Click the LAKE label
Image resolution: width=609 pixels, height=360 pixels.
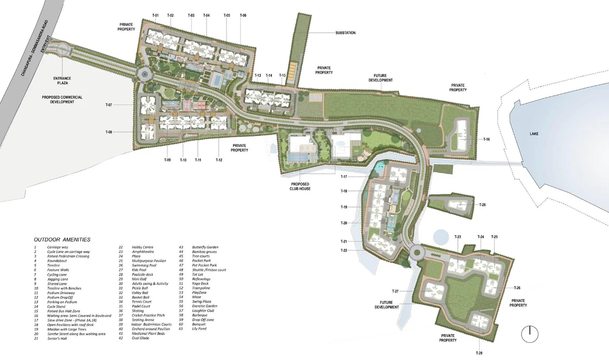(x=533, y=134)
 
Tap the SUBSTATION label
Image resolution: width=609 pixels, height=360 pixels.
(x=345, y=33)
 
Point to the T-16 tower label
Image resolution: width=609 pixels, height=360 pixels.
(x=486, y=139)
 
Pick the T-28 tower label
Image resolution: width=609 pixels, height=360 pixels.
(x=482, y=205)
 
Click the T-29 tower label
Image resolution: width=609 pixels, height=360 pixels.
(x=479, y=353)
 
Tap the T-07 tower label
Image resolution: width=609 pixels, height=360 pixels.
(x=109, y=105)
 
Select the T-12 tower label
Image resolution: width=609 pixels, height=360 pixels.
(x=219, y=160)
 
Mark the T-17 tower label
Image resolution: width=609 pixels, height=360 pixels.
(x=344, y=177)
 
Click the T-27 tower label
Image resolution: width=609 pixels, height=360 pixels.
(x=395, y=291)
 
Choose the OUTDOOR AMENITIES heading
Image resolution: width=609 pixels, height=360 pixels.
(x=62, y=239)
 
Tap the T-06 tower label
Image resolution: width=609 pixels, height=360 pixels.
(x=243, y=16)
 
